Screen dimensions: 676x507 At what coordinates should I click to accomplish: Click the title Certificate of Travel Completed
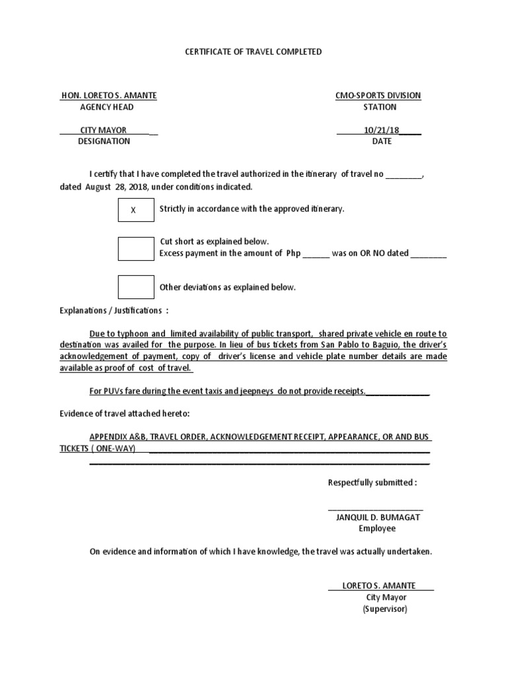[253, 51]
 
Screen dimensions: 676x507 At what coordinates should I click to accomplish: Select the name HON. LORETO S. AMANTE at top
[108, 96]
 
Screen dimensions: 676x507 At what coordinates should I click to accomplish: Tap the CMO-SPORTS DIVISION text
[378, 96]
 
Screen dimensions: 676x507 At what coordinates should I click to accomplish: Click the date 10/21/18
[378, 130]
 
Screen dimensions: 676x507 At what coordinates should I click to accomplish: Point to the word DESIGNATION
[104, 141]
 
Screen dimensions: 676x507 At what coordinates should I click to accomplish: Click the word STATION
[380, 107]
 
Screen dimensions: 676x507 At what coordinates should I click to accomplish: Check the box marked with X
[135, 210]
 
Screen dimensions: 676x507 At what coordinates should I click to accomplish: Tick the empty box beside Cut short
[135, 248]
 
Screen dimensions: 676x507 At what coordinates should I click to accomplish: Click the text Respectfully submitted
[372, 483]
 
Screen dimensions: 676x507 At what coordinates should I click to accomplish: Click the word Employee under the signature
[377, 529]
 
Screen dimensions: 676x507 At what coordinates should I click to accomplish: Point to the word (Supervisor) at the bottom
[385, 609]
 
